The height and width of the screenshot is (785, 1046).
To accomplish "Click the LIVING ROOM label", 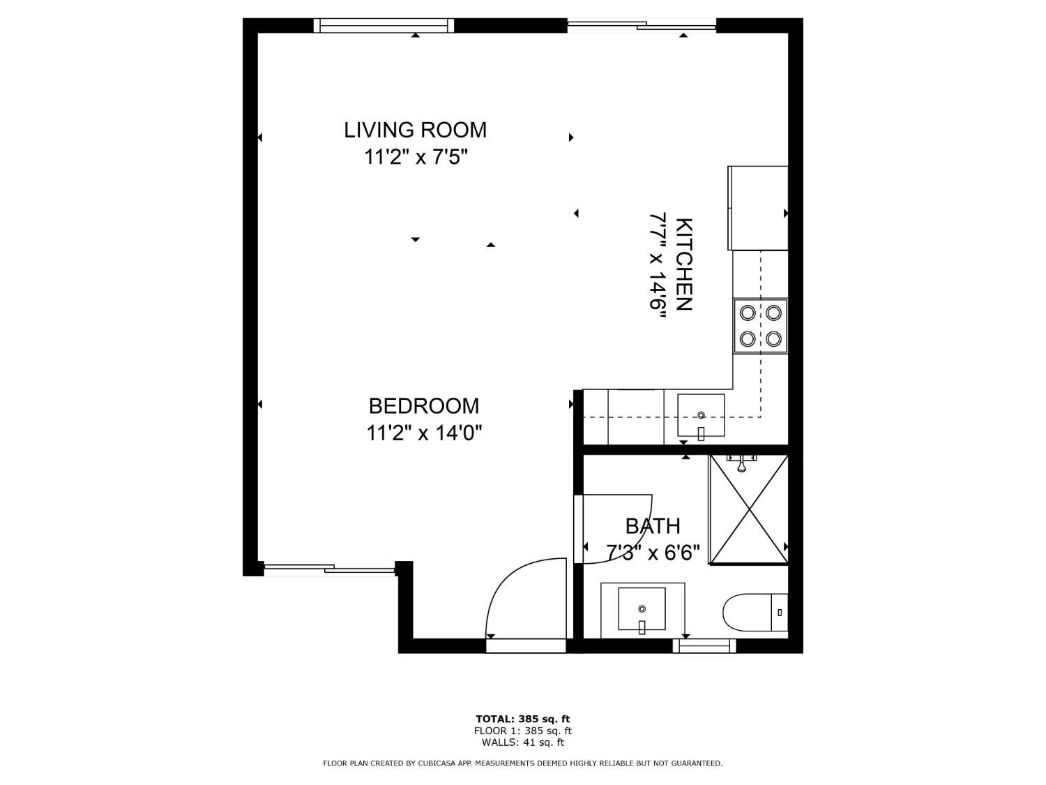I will click(x=415, y=130).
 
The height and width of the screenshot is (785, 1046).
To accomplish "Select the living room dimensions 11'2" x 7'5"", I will click(x=415, y=158).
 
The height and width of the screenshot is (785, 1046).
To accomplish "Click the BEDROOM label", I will click(x=424, y=406).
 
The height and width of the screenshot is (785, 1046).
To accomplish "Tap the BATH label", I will click(x=653, y=526).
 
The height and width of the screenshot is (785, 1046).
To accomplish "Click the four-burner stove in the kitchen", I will click(x=760, y=325).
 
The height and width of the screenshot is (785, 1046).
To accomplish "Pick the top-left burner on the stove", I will click(x=748, y=313).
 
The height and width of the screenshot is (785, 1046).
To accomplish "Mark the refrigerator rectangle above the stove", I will click(x=758, y=208).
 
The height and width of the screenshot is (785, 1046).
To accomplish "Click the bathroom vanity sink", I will click(x=642, y=609).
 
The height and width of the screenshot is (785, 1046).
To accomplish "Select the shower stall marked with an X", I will click(x=748, y=509).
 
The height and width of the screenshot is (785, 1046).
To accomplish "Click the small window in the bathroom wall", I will click(x=704, y=646).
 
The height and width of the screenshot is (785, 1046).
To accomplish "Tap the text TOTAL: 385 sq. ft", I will click(x=522, y=719).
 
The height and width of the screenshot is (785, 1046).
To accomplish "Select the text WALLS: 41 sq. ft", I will click(x=522, y=742).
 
